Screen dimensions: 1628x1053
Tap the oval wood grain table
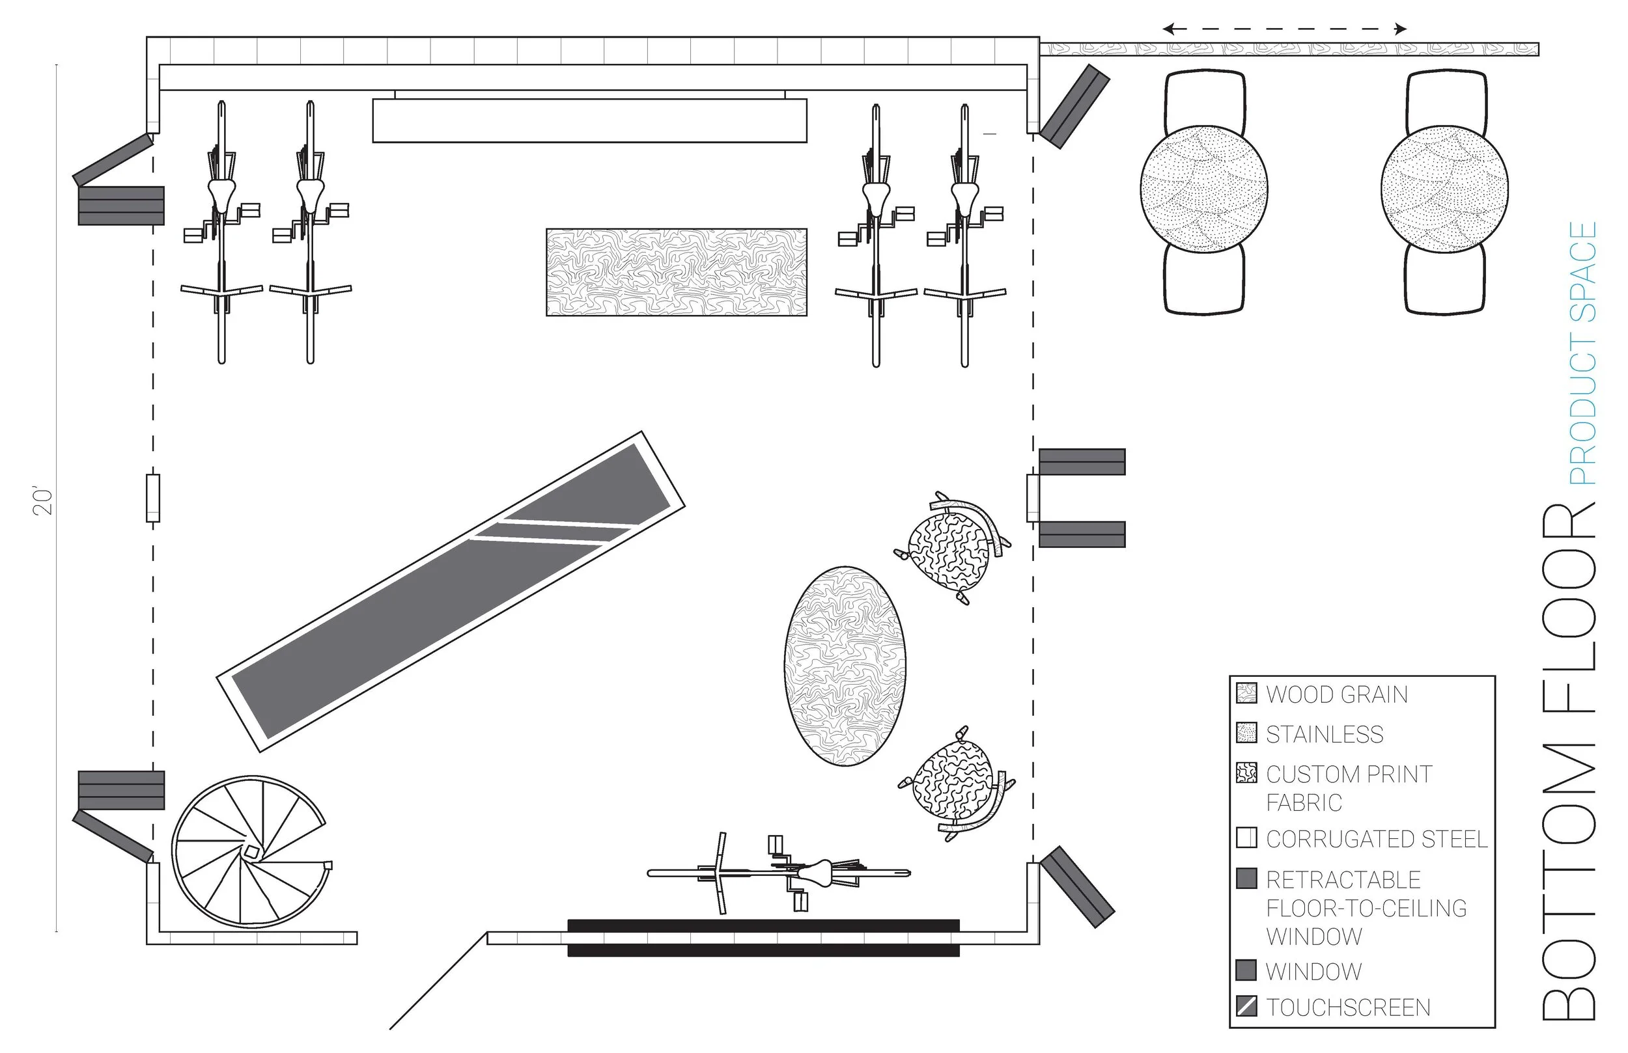tap(845, 666)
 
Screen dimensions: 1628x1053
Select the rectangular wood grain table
tap(676, 272)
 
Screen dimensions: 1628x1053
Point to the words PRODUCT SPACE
tap(1582, 353)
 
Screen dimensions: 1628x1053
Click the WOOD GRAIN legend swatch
tap(1247, 693)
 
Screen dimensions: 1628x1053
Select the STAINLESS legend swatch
tap(1247, 733)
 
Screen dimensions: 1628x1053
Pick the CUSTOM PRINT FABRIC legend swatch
tap(1247, 773)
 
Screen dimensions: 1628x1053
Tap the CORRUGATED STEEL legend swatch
tap(1247, 838)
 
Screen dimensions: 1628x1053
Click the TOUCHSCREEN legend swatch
tap(1247, 1007)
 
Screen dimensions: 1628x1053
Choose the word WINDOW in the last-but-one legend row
tap(1313, 971)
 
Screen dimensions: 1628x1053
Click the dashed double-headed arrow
tap(1285, 29)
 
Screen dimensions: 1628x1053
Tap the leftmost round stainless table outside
tap(1204, 189)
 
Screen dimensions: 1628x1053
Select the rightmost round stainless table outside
tap(1444, 189)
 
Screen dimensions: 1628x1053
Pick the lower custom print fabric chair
tap(955, 783)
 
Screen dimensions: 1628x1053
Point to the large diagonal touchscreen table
tap(451, 592)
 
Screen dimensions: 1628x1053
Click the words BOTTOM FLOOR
tap(1569, 761)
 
